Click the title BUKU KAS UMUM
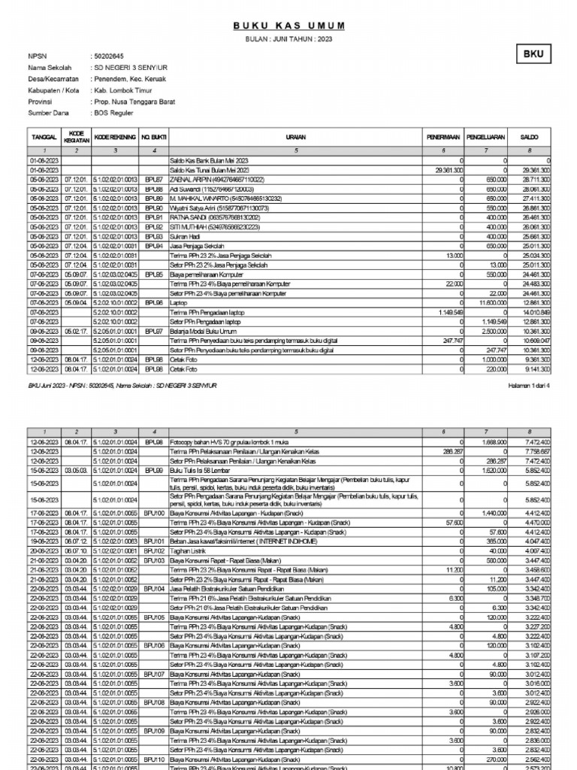coord(288,26)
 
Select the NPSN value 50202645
coord(107,56)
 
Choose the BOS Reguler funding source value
coord(113,113)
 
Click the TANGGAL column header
coord(44,138)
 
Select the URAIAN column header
coord(295,138)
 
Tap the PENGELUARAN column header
coord(486,138)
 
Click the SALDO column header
coord(532,138)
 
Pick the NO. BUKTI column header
coord(154,138)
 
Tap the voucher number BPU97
coord(154,330)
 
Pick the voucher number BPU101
coord(154,540)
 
